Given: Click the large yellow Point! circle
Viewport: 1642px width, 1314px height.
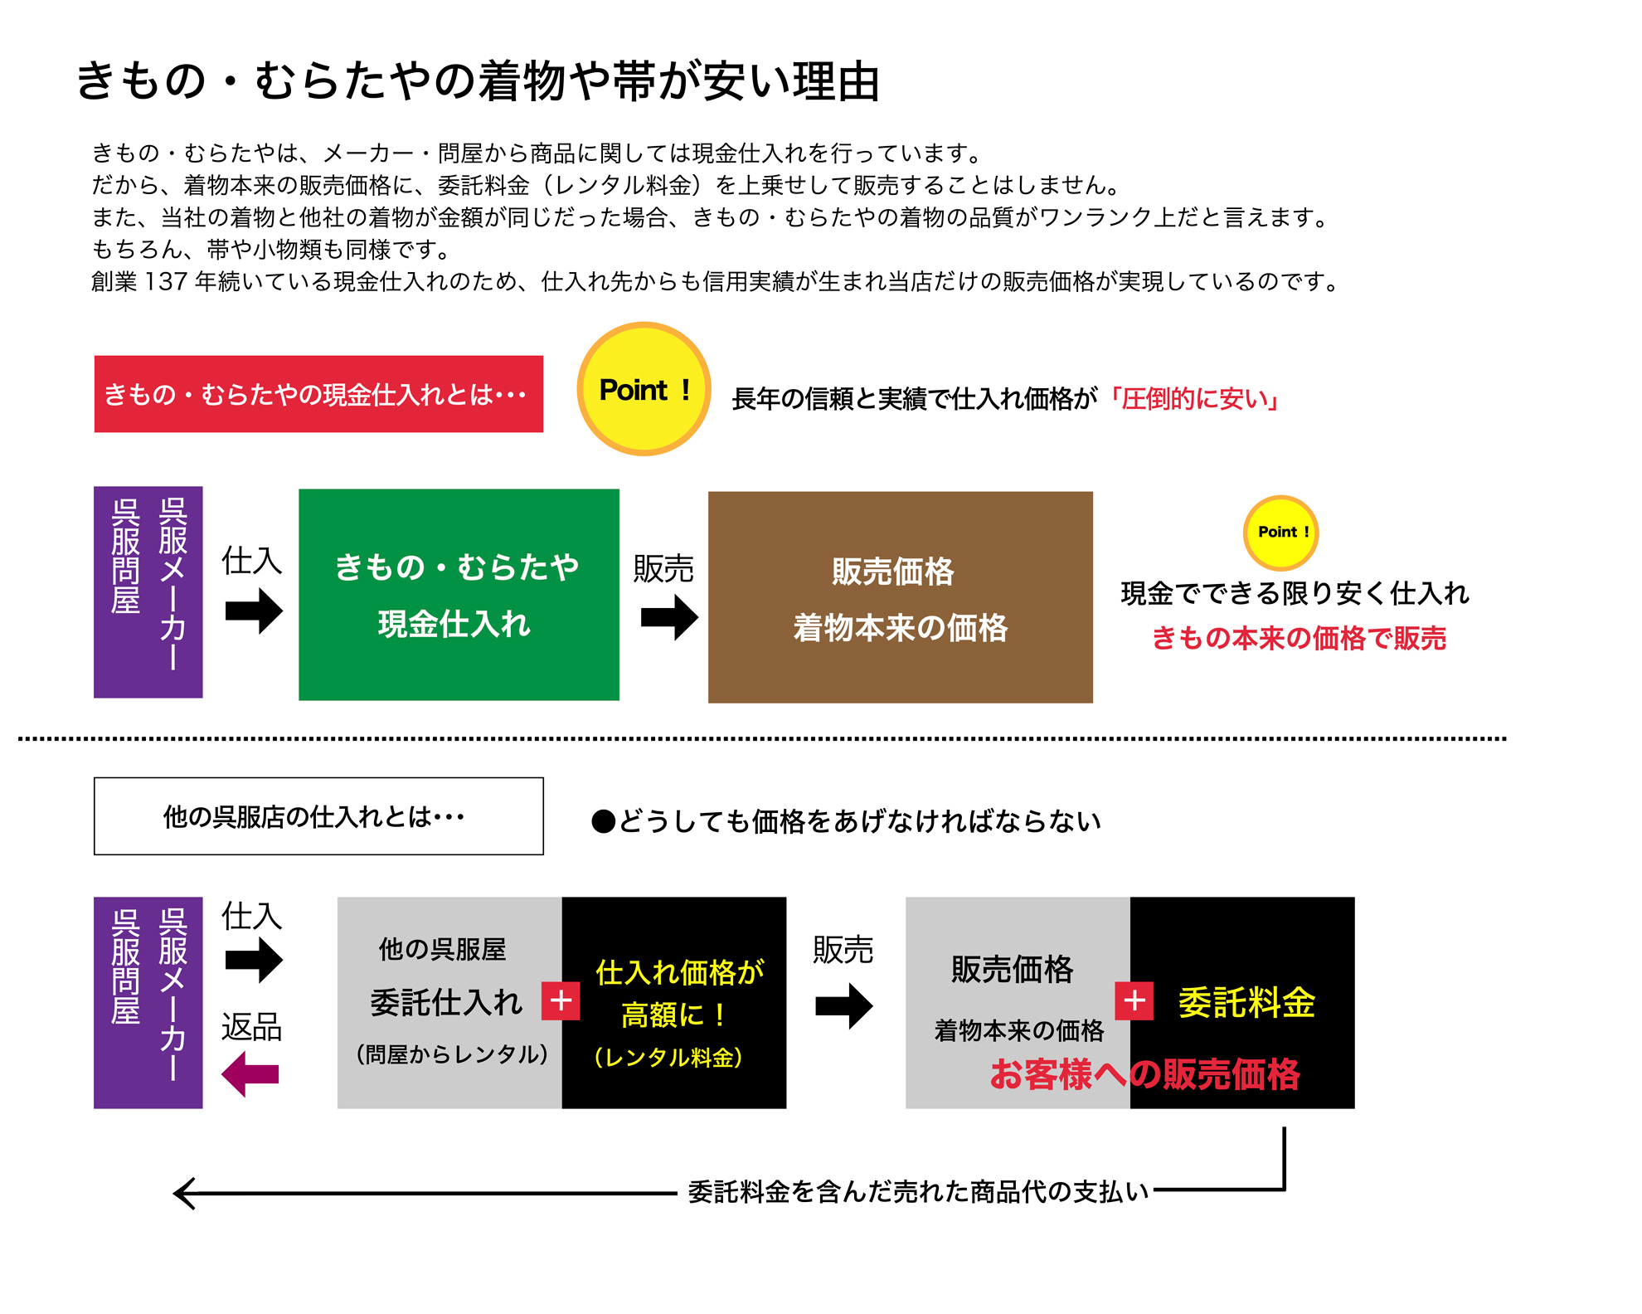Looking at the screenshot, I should coord(644,388).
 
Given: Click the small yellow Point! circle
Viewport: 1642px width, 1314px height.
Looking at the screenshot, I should coord(1280,533).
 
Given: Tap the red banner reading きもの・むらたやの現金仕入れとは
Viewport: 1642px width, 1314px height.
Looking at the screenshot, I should coord(318,394).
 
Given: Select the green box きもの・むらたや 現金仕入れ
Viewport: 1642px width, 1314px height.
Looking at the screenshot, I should coord(459,594).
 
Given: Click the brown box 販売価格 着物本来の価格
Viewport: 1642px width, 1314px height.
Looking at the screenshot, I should coord(900,597).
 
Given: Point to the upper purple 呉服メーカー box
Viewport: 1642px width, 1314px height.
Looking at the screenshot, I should coord(148,591).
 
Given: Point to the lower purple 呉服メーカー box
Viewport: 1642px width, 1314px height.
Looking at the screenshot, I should coord(148,1002).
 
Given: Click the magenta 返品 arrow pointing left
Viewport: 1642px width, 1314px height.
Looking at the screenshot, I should coord(250,1074).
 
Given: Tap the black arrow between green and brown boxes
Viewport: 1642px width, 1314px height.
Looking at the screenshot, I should coord(669,617).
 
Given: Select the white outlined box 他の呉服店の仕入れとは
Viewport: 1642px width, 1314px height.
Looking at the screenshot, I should coord(318,816).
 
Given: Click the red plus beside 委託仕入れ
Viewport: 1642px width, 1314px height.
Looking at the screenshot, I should coord(561,1000).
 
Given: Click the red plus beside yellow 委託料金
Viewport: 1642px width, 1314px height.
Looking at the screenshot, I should coord(1134,1001).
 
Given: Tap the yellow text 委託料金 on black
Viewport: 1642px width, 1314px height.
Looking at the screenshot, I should coord(1246,1003).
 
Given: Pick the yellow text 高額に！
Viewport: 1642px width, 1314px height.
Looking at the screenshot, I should coord(673,1015).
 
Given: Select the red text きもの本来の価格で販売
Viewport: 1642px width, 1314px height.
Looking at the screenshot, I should coord(1299,638).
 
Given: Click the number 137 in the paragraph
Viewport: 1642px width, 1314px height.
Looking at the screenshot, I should coord(165,282).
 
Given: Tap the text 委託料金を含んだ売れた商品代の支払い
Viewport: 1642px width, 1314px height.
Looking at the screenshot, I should coord(918,1192).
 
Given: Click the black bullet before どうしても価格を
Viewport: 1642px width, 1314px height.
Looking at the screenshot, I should coord(603,822).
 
